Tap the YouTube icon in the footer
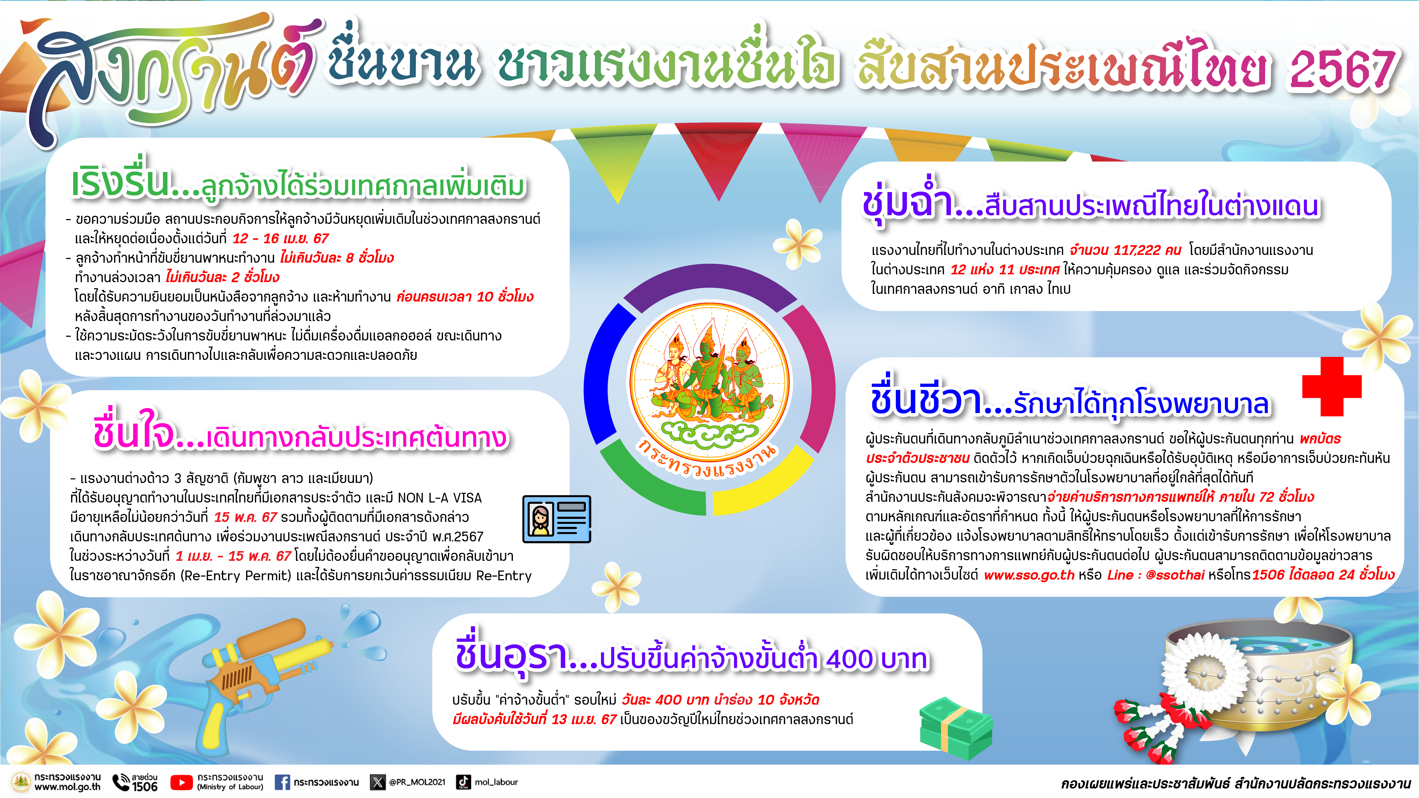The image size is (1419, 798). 181,782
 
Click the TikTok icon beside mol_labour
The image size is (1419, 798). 463,782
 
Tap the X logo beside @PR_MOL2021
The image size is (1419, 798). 377,782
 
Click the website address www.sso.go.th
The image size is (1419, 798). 1029,575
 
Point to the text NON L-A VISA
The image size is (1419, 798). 440,498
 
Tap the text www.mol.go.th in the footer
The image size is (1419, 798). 67,787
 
